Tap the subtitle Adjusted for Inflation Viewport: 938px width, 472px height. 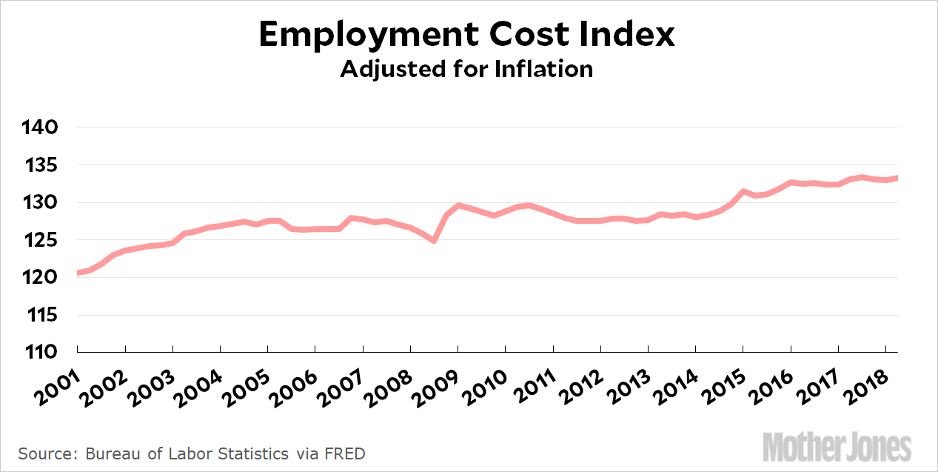pos(466,69)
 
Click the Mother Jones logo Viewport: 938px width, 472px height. pos(837,448)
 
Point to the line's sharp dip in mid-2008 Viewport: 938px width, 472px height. pos(434,240)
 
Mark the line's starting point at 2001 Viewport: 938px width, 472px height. pos(78,273)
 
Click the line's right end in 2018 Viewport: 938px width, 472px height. pos(897,178)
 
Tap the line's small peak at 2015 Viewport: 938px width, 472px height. pos(743,191)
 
